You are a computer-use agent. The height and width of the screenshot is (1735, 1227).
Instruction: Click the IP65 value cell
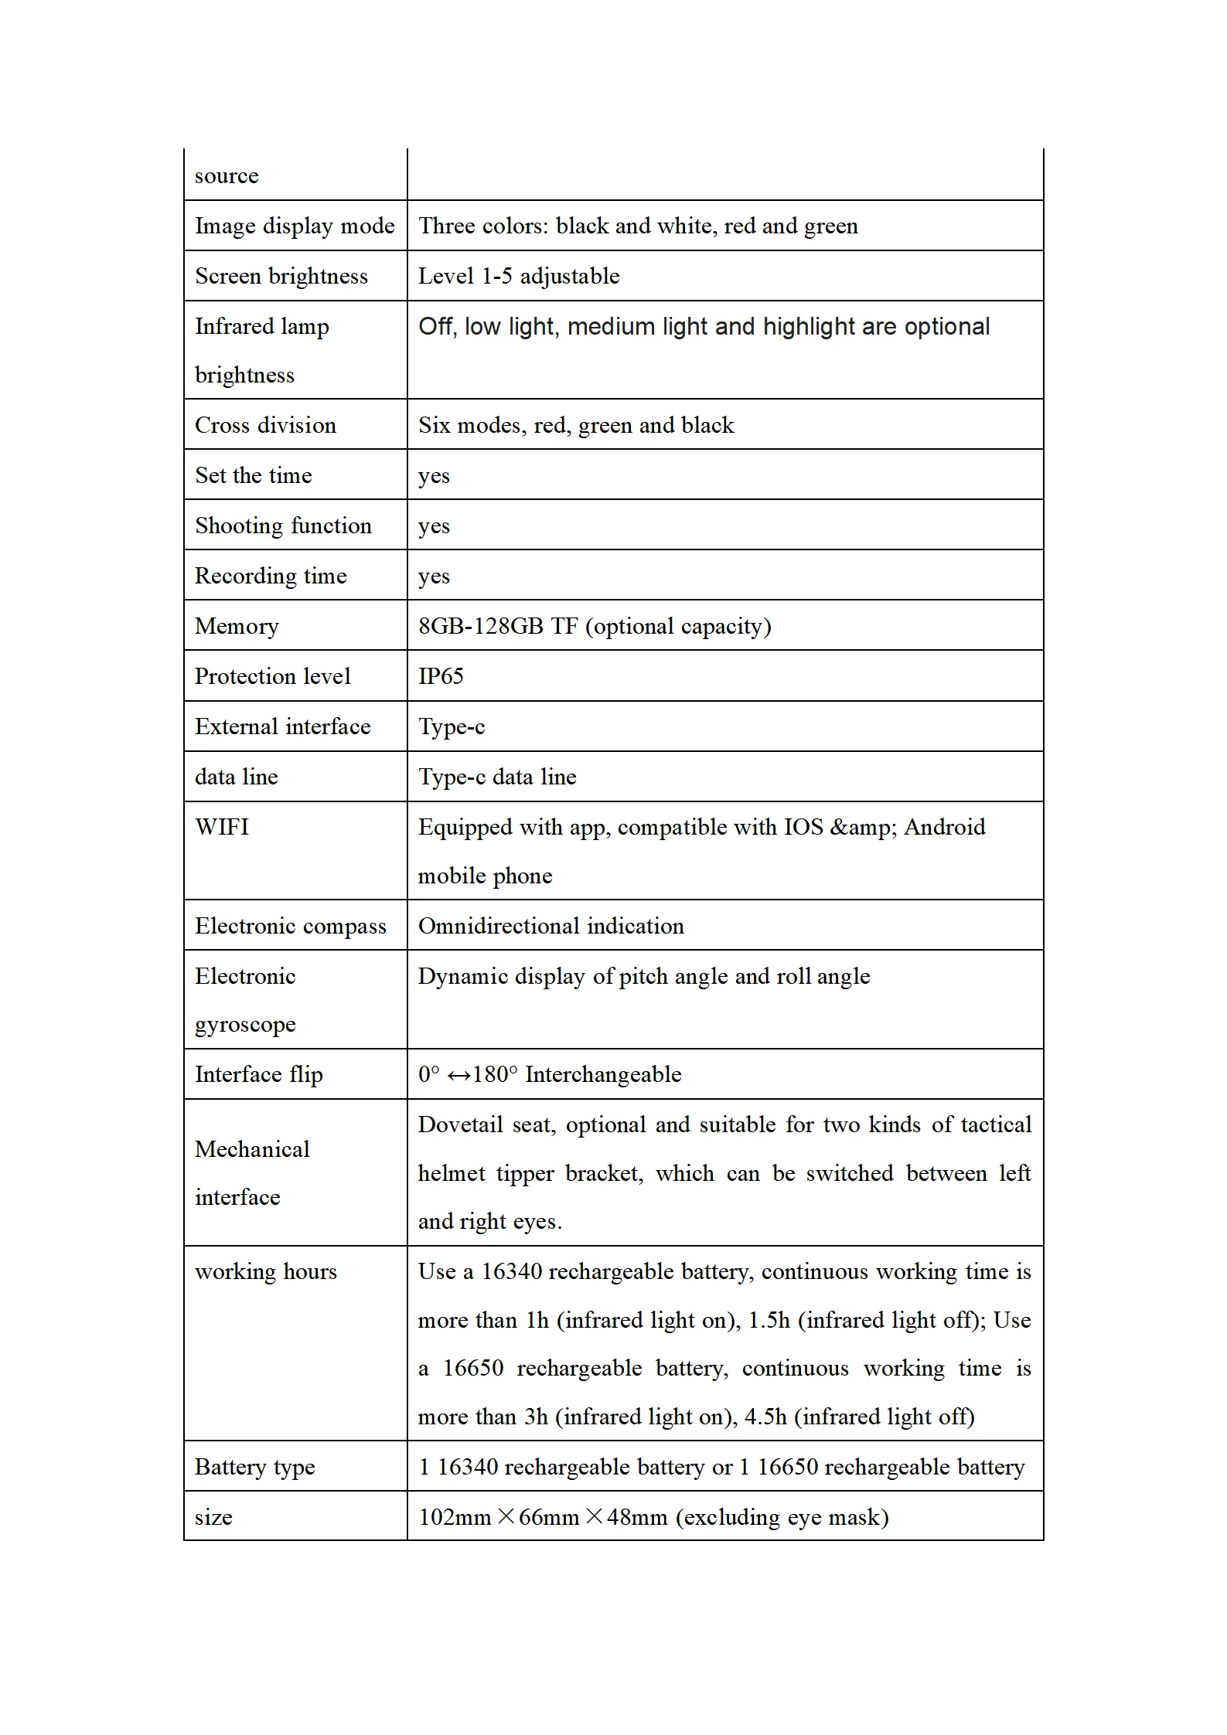click(441, 676)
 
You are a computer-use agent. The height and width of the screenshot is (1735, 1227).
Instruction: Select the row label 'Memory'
click(237, 626)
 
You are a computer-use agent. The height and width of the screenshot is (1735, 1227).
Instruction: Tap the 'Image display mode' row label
click(295, 226)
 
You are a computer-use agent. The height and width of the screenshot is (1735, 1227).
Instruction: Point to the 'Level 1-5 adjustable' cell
click(519, 276)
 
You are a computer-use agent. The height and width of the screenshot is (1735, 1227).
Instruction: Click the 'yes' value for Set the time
click(434, 476)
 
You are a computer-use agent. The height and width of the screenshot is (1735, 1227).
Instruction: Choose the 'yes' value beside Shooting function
click(434, 526)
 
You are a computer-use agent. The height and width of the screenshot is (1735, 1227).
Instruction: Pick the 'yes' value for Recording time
click(434, 577)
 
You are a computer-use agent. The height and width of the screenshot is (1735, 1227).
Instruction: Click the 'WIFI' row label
click(222, 827)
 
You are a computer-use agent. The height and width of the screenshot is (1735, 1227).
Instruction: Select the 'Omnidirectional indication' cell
click(550, 926)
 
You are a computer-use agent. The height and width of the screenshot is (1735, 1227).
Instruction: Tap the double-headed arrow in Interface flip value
click(458, 1075)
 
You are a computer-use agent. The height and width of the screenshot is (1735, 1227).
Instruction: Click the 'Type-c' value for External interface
click(452, 727)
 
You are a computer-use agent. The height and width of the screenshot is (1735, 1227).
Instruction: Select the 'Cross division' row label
click(265, 425)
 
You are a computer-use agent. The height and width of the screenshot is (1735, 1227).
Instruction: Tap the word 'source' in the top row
click(227, 176)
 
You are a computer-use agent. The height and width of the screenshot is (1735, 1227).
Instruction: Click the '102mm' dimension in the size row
click(455, 1517)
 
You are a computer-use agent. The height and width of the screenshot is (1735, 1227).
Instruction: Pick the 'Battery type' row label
click(255, 1467)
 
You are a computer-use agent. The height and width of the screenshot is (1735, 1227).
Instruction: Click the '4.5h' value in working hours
click(765, 1417)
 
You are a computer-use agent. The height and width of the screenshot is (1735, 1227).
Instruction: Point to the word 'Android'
click(945, 827)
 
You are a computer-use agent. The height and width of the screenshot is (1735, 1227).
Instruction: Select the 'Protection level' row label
click(272, 676)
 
